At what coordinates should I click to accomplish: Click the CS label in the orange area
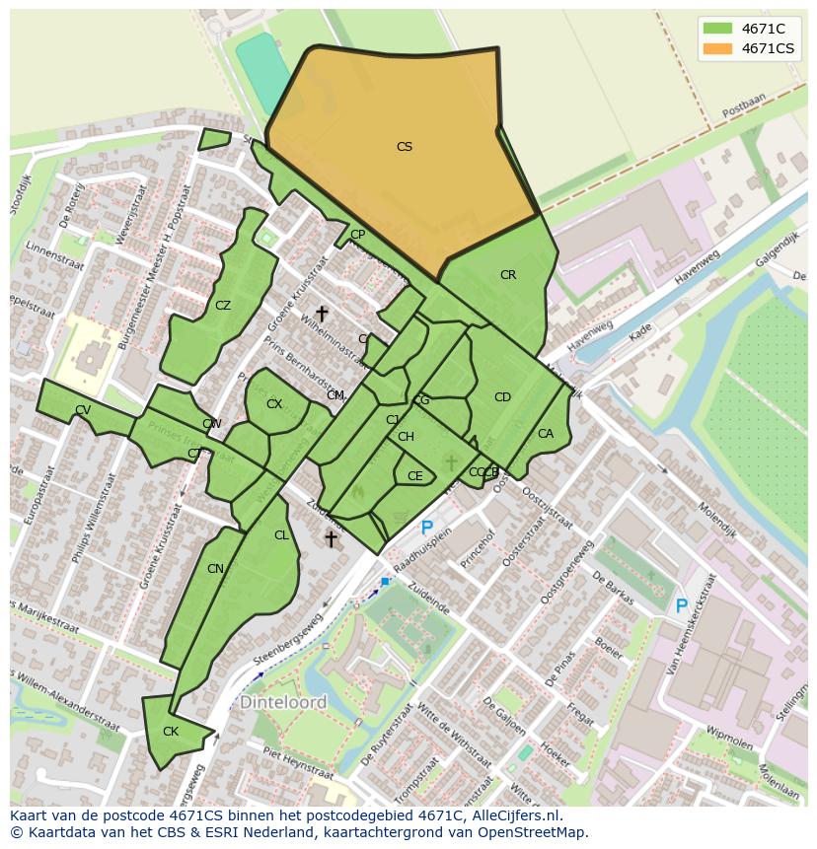(404, 147)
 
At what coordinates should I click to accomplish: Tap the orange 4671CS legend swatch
(717, 48)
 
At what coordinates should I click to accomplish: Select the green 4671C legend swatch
(717, 29)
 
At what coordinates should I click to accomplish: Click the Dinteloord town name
(283, 703)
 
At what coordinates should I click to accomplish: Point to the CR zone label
(508, 275)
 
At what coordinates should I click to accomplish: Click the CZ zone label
(223, 306)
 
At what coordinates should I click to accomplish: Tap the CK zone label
(171, 732)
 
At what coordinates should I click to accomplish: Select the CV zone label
(83, 410)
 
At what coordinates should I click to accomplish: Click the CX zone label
(274, 404)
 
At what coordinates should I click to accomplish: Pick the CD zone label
(502, 397)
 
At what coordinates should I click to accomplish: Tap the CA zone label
(546, 434)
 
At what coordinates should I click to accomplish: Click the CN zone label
(215, 569)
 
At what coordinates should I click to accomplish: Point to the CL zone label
(281, 535)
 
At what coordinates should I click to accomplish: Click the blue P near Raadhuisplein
(426, 529)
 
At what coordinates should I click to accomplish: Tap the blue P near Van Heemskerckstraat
(681, 606)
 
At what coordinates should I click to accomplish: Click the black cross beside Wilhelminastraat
(322, 314)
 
